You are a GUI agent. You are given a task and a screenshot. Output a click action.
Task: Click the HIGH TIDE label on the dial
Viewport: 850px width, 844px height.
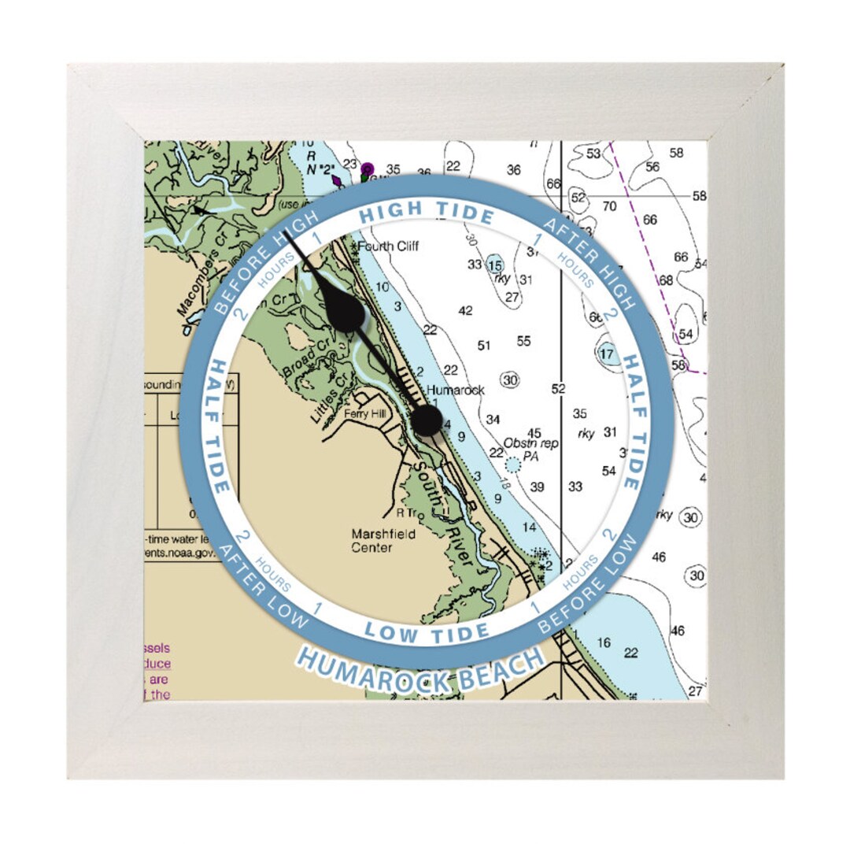pos(427,212)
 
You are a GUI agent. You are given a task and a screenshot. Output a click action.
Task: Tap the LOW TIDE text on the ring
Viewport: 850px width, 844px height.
pos(427,631)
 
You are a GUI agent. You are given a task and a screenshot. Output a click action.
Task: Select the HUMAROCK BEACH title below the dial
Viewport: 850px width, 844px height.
pos(420,670)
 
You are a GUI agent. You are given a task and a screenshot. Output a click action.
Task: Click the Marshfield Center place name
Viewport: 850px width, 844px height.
pos(383,540)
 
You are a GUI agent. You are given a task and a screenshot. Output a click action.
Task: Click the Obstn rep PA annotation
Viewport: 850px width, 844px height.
pos(532,450)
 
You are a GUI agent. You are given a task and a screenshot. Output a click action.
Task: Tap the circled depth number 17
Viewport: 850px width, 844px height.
pos(606,354)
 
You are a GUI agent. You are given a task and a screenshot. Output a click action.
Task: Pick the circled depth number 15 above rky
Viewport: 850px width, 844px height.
pos(495,265)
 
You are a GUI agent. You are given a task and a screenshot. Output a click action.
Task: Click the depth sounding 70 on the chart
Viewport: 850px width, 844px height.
pos(609,206)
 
